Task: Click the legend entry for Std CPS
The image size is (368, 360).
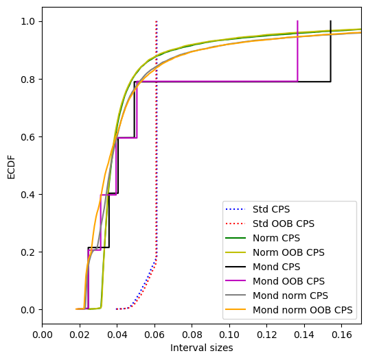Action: pyautogui.click(x=271, y=209)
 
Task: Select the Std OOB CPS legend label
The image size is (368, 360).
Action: pyautogui.click(x=284, y=224)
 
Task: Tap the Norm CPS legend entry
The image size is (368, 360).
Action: pyautogui.click(x=276, y=238)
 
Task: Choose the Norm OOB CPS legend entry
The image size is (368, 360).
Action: pyautogui.click(x=288, y=252)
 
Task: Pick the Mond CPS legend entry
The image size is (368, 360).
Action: pyautogui.click(x=276, y=267)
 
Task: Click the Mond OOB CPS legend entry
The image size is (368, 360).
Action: pyautogui.click(x=288, y=281)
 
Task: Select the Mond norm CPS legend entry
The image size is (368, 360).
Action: pyautogui.click(x=290, y=296)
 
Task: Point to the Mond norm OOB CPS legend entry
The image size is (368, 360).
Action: pyautogui.click(x=303, y=310)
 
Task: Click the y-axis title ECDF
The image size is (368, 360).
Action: pyautogui.click(x=11, y=167)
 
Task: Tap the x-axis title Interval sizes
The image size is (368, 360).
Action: pyautogui.click(x=202, y=348)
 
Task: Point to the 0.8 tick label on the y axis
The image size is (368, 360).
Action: pyautogui.click(x=28, y=80)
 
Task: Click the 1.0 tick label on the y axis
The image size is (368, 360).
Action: pyautogui.click(x=28, y=22)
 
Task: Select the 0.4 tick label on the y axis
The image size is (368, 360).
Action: pyautogui.click(x=28, y=195)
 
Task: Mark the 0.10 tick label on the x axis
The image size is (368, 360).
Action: pyautogui.click(x=229, y=335)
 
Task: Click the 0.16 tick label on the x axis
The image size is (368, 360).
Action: pyautogui.click(x=341, y=335)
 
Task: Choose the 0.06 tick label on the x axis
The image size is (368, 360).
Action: pyautogui.click(x=154, y=335)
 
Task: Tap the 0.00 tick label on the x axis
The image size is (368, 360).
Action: pyautogui.click(x=43, y=335)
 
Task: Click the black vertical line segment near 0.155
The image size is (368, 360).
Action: pyautogui.click(x=330, y=51)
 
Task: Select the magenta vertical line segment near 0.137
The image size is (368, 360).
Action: pyautogui.click(x=297, y=51)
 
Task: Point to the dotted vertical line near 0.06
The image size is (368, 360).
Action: pyautogui.click(x=157, y=141)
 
